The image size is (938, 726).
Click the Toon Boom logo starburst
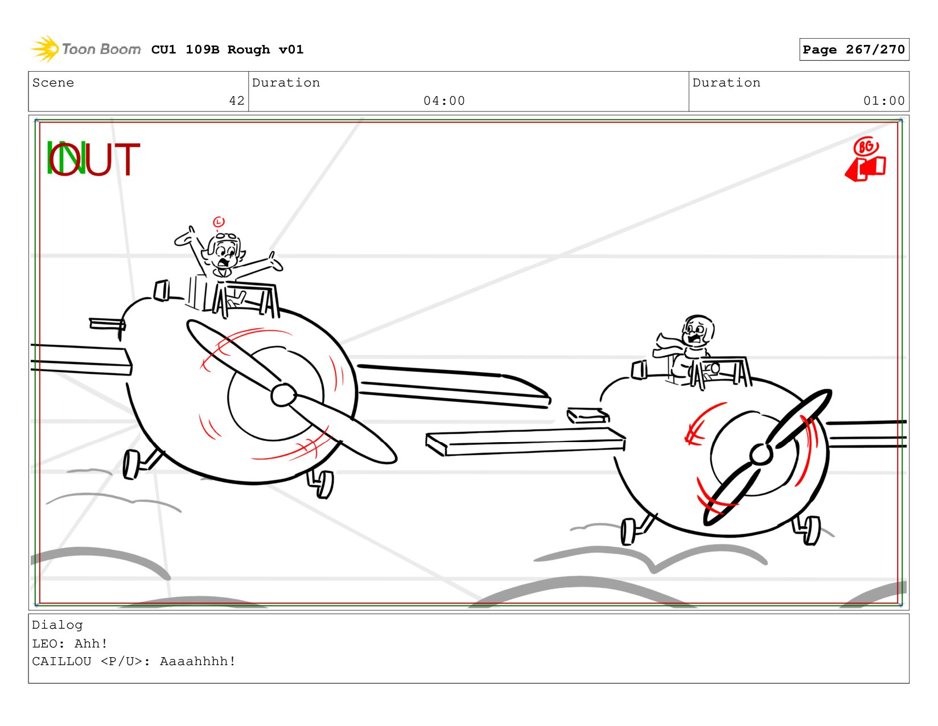click(x=45, y=49)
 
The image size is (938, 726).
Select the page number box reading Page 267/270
click(x=853, y=49)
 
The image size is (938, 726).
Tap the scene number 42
click(x=237, y=101)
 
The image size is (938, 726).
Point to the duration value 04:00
click(x=444, y=101)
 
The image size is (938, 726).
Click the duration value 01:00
click(x=883, y=101)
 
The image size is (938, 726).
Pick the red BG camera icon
click(x=866, y=160)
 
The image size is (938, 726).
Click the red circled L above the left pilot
click(x=219, y=222)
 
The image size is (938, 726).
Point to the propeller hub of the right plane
click(x=760, y=454)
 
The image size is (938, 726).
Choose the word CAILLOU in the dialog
click(x=61, y=661)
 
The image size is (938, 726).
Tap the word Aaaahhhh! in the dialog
click(x=198, y=661)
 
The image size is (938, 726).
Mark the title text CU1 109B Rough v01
click(x=227, y=49)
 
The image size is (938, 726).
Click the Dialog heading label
click(x=57, y=625)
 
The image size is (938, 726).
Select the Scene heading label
click(x=53, y=82)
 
